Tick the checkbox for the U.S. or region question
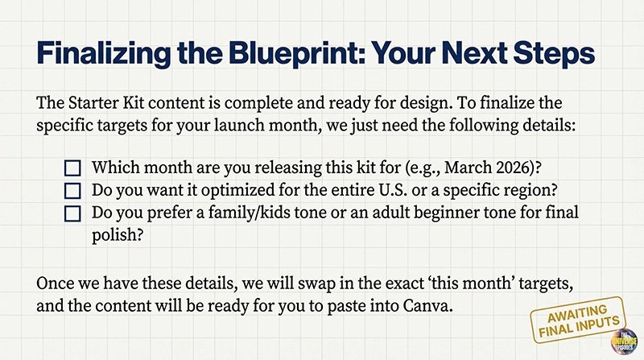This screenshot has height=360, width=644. (x=73, y=192)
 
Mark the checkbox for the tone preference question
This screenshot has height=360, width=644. (x=73, y=214)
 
